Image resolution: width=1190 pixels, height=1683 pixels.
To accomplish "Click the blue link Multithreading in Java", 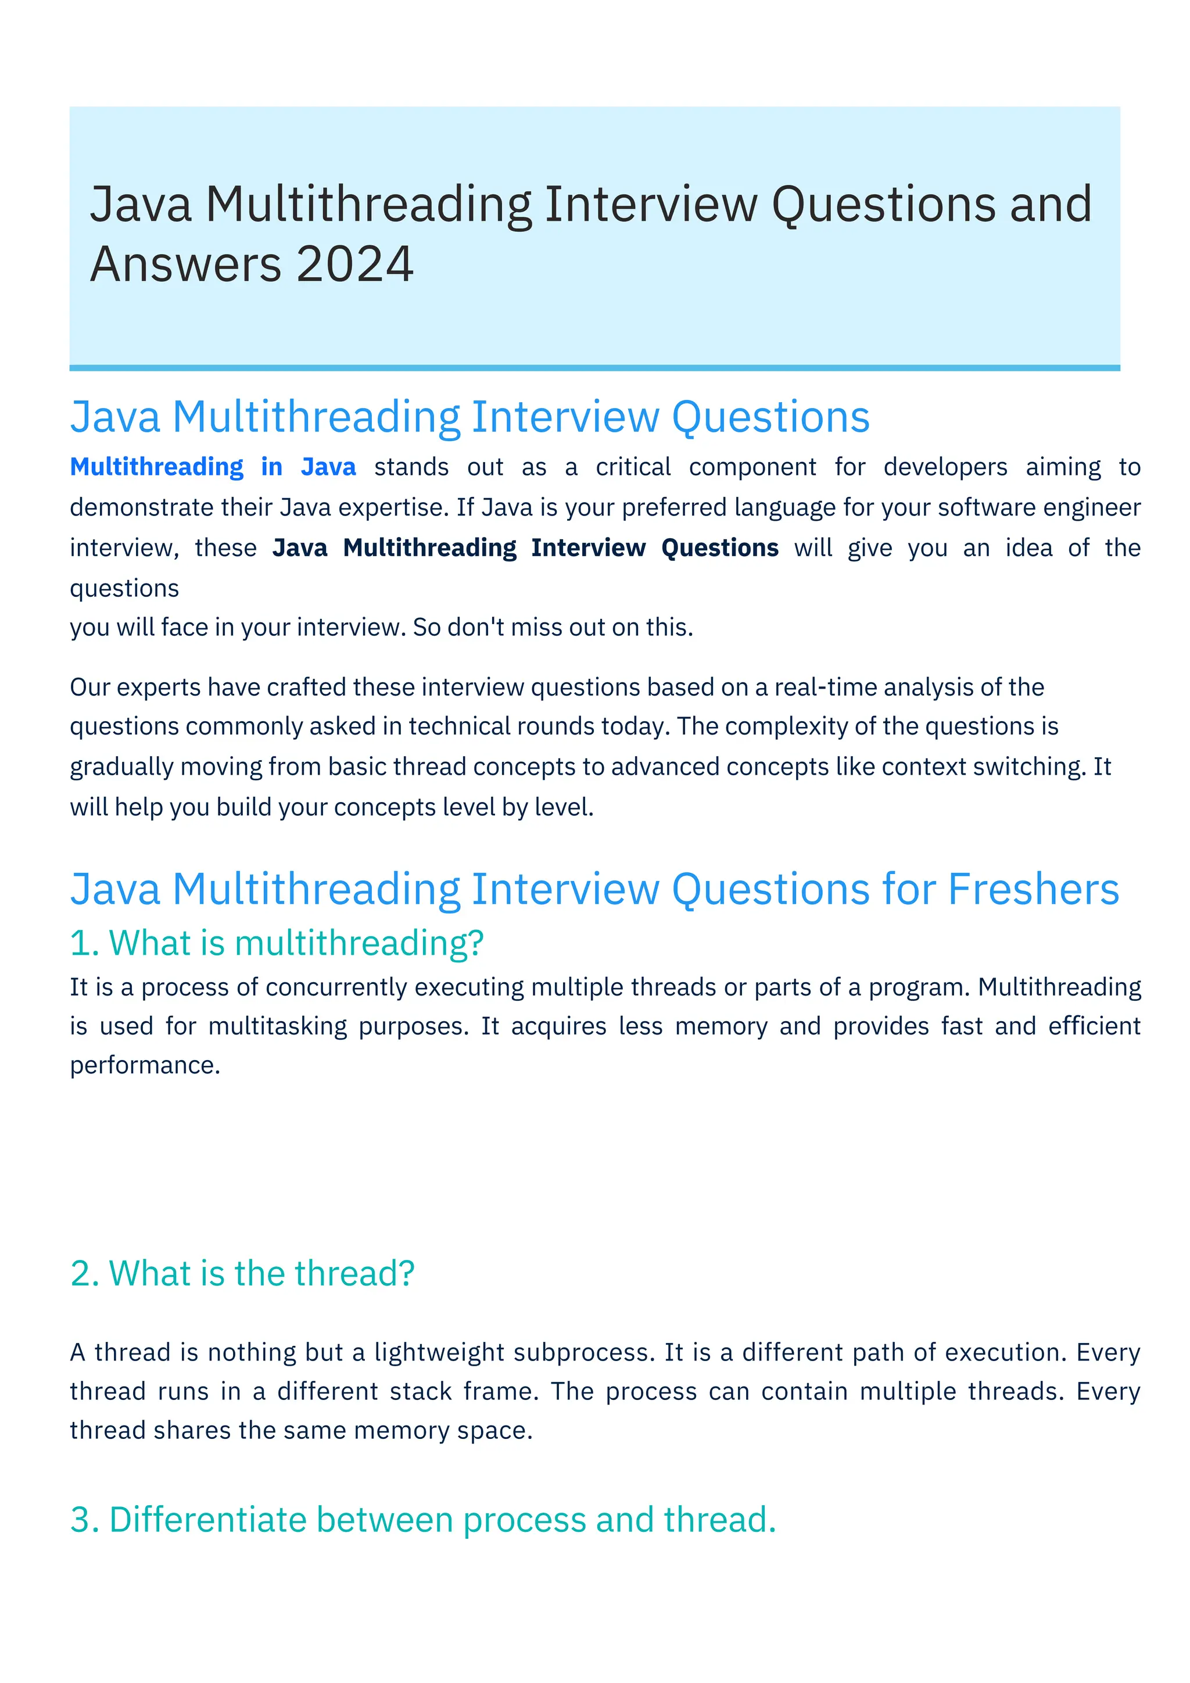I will pos(213,467).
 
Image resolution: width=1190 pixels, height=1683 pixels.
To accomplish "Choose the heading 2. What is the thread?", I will pos(242,1273).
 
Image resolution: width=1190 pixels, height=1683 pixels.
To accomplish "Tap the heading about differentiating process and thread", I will pos(423,1520).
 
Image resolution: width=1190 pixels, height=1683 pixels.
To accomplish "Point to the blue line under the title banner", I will pos(594,368).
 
